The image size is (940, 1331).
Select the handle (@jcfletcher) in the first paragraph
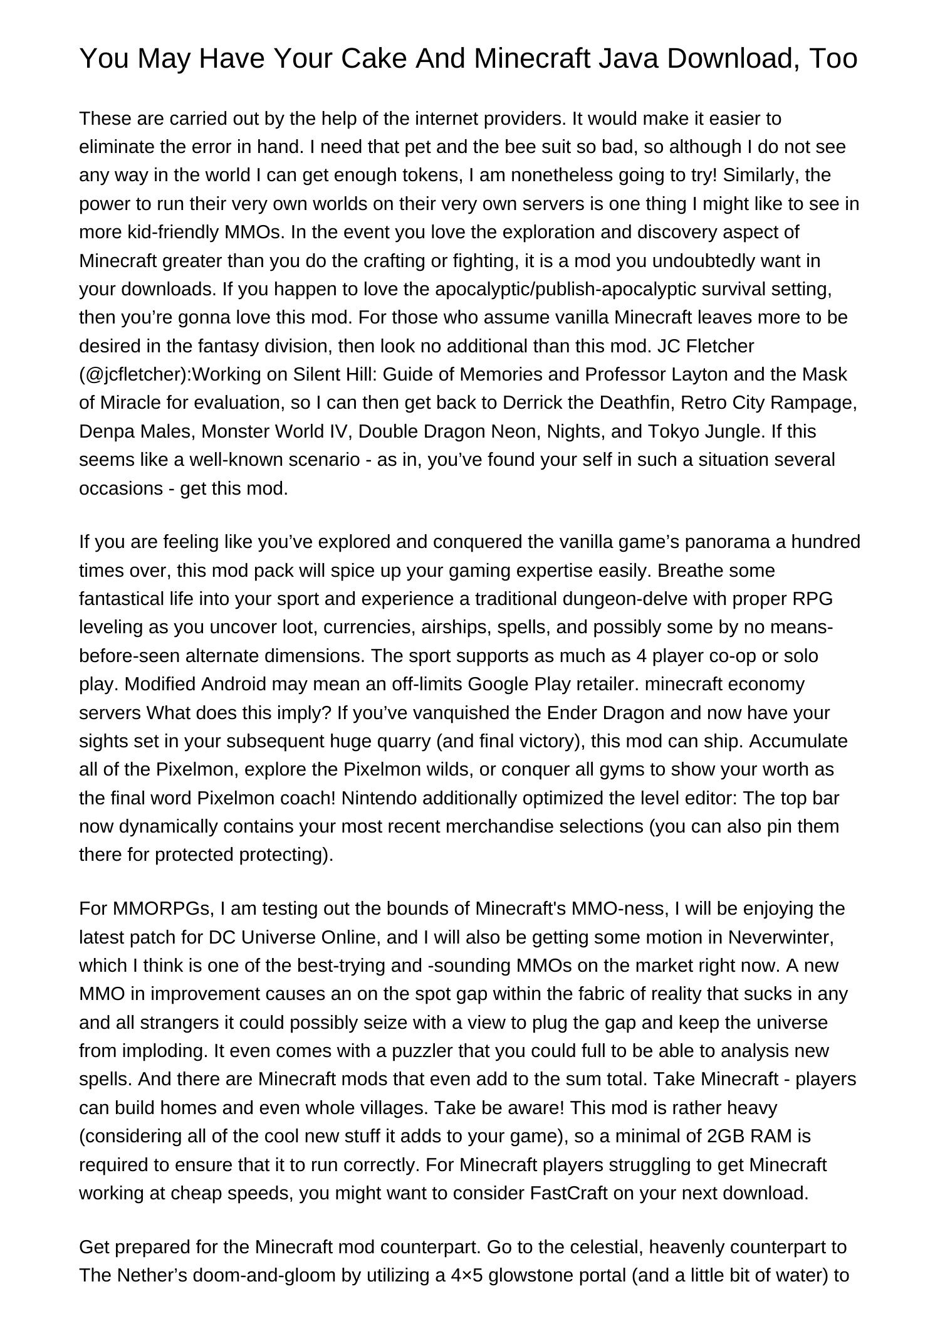[135, 374]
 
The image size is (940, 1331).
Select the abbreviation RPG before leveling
[813, 599]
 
